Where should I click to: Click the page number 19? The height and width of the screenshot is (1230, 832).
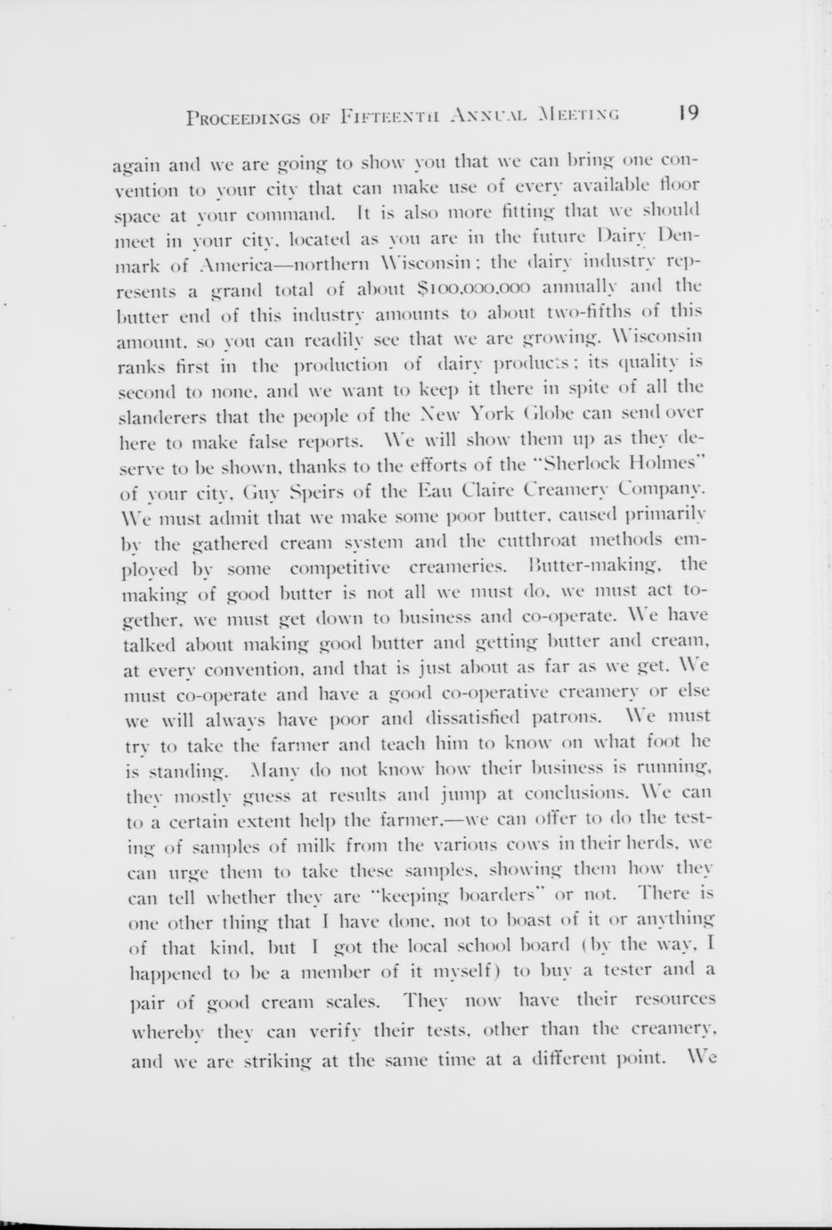(688, 113)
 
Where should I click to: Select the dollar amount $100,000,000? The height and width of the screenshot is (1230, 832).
(474, 287)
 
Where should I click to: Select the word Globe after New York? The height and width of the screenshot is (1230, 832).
(538, 412)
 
